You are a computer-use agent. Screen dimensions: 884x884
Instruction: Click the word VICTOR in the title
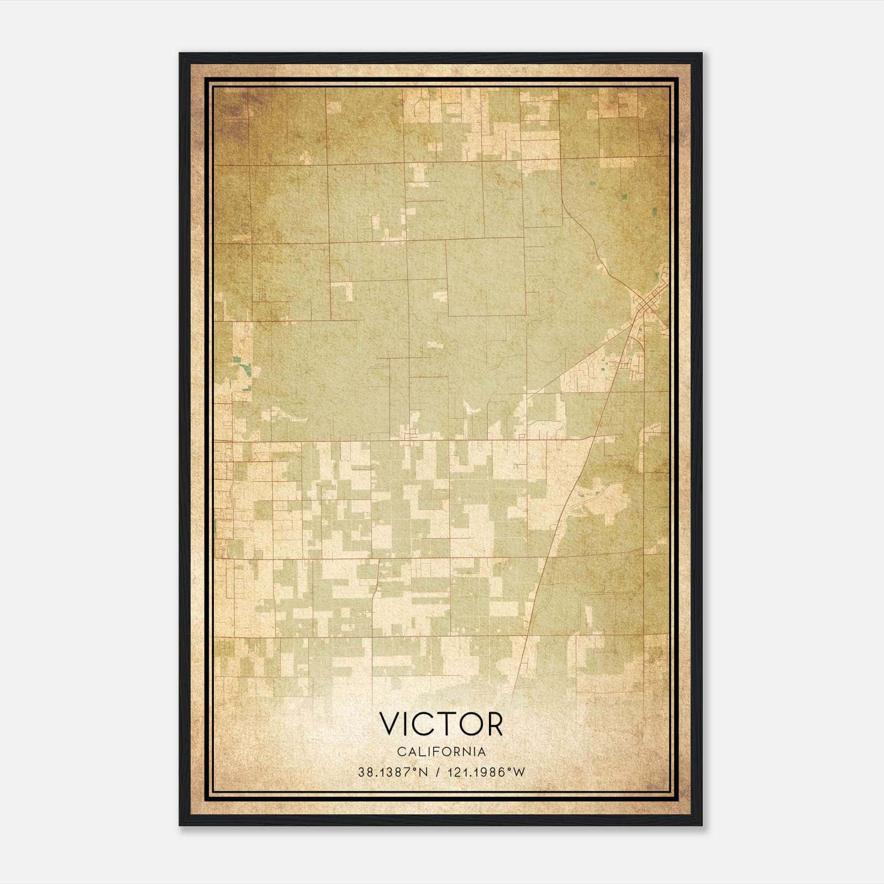pos(441,724)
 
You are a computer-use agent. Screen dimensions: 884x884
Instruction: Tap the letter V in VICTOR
pos(389,724)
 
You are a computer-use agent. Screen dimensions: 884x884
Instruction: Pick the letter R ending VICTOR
pos(494,724)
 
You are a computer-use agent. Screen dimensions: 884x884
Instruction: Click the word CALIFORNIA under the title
pos(441,752)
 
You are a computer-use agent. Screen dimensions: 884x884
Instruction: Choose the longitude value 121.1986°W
pos(486,772)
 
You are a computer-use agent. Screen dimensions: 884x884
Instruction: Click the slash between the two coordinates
pos(438,772)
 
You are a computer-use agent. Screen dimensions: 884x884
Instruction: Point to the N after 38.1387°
pos(424,772)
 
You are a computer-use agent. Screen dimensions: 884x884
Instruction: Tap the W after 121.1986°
pos(519,772)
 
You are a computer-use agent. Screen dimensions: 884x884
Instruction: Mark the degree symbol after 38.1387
pos(418,769)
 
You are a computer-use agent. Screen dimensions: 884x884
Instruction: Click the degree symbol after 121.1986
pos(511,769)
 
